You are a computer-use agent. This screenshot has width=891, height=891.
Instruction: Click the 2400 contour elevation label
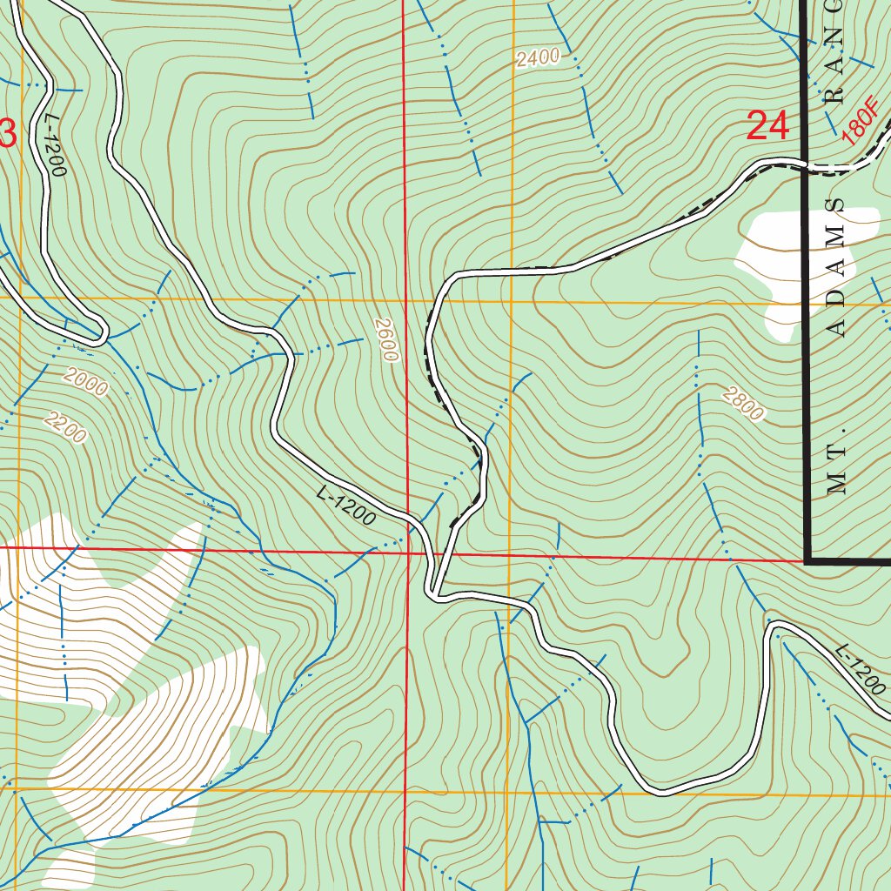point(537,58)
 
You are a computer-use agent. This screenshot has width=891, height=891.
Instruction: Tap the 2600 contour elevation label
point(386,339)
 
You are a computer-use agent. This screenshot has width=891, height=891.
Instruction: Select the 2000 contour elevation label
point(85,383)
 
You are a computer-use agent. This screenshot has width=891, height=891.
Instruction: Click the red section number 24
point(767,127)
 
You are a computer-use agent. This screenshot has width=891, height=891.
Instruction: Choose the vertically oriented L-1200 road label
point(54,146)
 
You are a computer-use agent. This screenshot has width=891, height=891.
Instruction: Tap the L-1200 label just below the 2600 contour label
point(345,506)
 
